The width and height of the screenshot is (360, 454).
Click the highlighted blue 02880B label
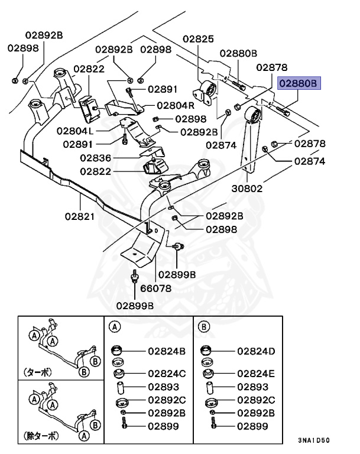[x=299, y=84]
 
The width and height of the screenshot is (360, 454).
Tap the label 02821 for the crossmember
[x=80, y=216]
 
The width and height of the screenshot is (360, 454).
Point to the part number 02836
[x=96, y=158]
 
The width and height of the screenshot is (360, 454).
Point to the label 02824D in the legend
[x=257, y=351]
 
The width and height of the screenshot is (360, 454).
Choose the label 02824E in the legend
[x=257, y=374]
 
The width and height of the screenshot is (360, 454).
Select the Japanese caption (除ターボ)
[x=42, y=436]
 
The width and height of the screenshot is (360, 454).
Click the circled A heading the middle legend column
[x=115, y=326]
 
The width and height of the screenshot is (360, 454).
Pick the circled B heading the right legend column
[x=204, y=326]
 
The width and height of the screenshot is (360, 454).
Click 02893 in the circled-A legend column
[x=163, y=387]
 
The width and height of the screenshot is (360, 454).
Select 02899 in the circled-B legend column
[x=253, y=426]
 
